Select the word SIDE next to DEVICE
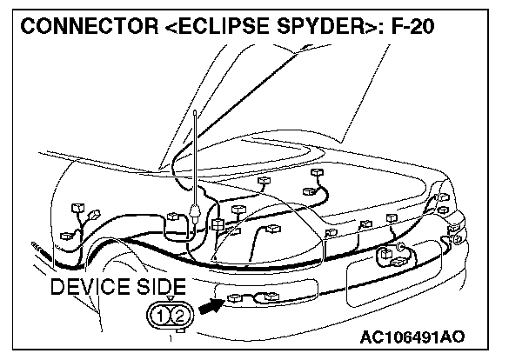[162, 287]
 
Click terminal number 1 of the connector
[158, 314]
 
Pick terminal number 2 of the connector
[177, 314]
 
